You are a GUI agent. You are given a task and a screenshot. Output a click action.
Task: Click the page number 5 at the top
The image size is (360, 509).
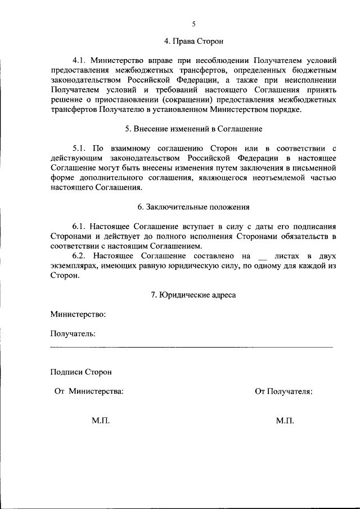[x=193, y=24]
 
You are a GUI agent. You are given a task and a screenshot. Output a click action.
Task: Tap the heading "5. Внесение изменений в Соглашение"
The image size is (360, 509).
[x=193, y=129]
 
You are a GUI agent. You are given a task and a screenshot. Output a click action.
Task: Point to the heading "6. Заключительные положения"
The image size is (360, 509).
[x=193, y=206]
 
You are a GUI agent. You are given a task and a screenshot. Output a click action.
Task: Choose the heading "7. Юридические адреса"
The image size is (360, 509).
[x=193, y=294]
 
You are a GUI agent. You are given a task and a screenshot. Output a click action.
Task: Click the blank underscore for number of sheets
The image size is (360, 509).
[x=260, y=257]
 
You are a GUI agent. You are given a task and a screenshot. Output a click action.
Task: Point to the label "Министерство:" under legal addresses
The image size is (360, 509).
[x=78, y=314]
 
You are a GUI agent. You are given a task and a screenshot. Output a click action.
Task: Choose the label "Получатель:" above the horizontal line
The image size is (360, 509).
[x=73, y=334]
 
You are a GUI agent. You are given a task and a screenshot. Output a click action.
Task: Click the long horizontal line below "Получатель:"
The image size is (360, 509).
[x=191, y=348]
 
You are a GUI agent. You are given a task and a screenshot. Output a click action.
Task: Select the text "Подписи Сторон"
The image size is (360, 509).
[x=81, y=372]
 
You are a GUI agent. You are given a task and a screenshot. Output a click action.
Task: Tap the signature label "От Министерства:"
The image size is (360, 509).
[x=89, y=391]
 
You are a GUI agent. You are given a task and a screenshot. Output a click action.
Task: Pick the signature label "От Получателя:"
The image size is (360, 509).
[x=283, y=391]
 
